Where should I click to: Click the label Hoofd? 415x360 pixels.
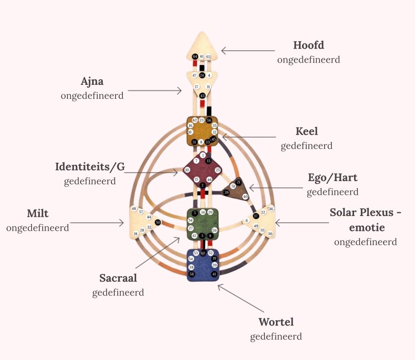coord(308,45)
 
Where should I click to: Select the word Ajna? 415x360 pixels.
coord(92,81)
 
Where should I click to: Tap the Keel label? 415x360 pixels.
coord(307,131)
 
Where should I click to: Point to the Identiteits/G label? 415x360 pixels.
coord(90,167)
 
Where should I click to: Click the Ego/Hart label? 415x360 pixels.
coord(333,177)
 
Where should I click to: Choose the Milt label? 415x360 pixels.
coord(38,213)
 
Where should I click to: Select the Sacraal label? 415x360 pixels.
coord(118,278)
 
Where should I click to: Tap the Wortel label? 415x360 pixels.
coord(276,322)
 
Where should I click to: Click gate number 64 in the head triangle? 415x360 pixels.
coord(195,57)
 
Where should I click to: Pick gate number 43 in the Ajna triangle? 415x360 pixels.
coord(203,95)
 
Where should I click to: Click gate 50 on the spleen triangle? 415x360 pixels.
coord(158,222)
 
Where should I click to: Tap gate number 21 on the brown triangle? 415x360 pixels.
coord(239,182)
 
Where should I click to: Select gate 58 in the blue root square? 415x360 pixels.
coord(192,274)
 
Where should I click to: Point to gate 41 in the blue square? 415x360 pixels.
coord(214,274)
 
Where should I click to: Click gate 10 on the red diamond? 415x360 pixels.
coord(187,170)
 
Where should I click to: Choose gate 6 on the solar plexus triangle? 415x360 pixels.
coord(247,220)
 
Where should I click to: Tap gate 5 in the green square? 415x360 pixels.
coord(195,213)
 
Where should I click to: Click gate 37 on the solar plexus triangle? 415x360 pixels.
coord(255,216)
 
